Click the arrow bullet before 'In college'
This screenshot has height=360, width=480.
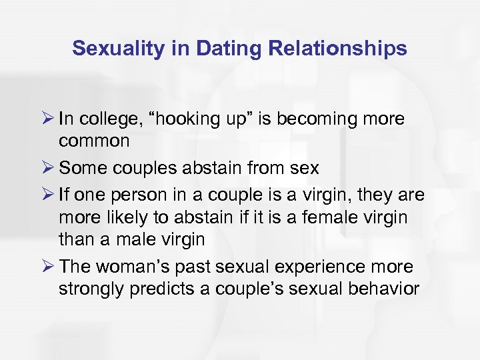click(47, 119)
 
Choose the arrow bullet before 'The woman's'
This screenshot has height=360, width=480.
click(47, 267)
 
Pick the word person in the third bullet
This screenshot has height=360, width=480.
click(132, 195)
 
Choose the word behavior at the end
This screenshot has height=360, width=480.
click(389, 289)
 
